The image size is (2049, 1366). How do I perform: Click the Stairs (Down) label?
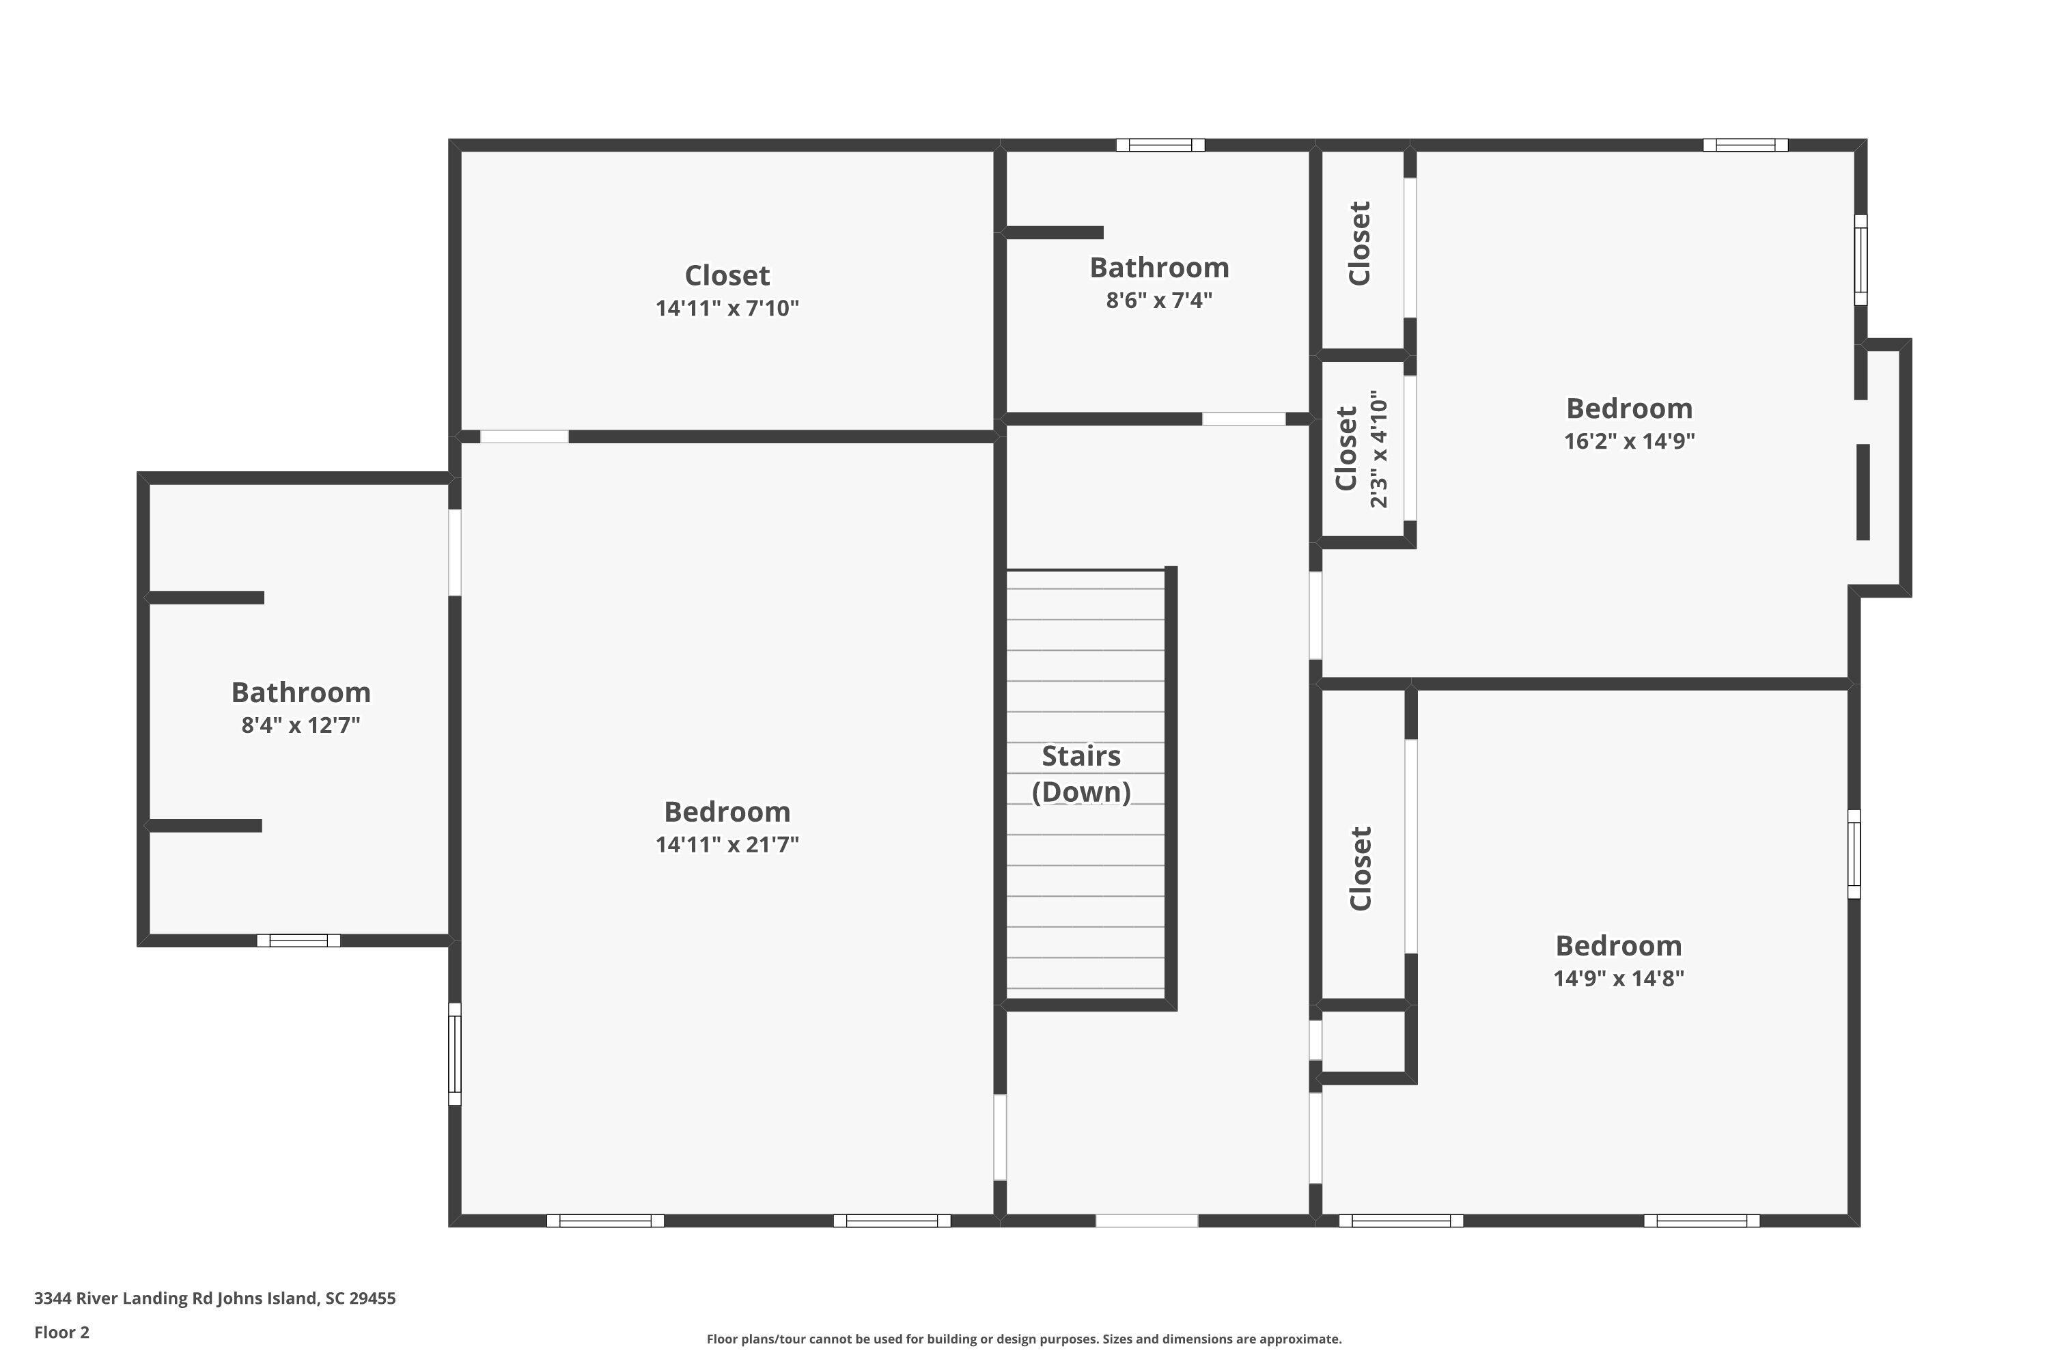pos(1081,774)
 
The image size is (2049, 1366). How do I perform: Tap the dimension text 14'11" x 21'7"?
pos(727,844)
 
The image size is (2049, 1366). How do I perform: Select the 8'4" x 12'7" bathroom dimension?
pos(301,725)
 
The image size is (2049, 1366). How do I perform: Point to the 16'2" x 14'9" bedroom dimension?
pos(1628,441)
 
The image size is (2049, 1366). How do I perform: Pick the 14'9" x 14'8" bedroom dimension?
pos(1618,978)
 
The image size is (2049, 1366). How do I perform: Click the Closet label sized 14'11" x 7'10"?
pos(727,275)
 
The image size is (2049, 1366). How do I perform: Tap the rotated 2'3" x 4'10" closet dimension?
pos(1378,449)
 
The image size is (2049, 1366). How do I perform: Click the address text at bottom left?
pos(214,1298)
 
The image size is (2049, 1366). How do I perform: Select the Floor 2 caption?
pos(62,1332)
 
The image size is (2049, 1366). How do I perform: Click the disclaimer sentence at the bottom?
pos(1024,1339)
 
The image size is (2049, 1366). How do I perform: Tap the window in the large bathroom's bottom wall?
pos(298,940)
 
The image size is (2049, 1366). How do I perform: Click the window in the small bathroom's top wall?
pos(1160,145)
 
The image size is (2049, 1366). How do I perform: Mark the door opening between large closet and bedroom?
pos(525,436)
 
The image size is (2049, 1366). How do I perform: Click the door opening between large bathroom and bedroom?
pos(455,553)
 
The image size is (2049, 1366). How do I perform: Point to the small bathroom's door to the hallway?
pos(1243,419)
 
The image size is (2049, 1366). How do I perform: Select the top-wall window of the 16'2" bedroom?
pos(1745,145)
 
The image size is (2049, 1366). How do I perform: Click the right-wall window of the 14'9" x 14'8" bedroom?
pos(1854,854)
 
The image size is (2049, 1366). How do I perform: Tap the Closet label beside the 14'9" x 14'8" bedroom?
pos(1361,869)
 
